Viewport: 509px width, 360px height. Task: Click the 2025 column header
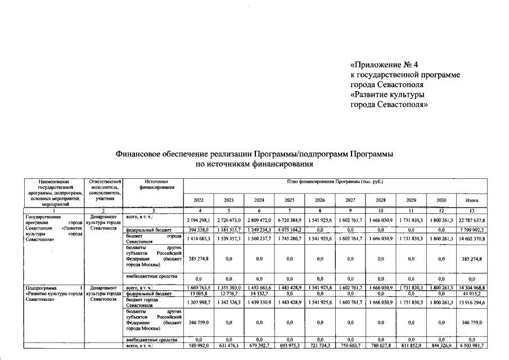290,200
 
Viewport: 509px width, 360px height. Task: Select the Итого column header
472,200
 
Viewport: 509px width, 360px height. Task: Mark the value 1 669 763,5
199,287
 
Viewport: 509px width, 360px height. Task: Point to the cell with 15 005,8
199,293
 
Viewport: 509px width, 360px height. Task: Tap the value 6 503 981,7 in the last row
472,346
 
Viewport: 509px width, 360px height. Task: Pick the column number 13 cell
472,210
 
